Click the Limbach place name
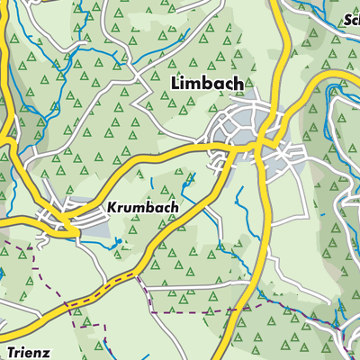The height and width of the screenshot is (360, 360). pos(206,83)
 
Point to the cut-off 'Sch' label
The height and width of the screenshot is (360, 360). pos(350,19)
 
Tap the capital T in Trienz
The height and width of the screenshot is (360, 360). pos(7,351)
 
